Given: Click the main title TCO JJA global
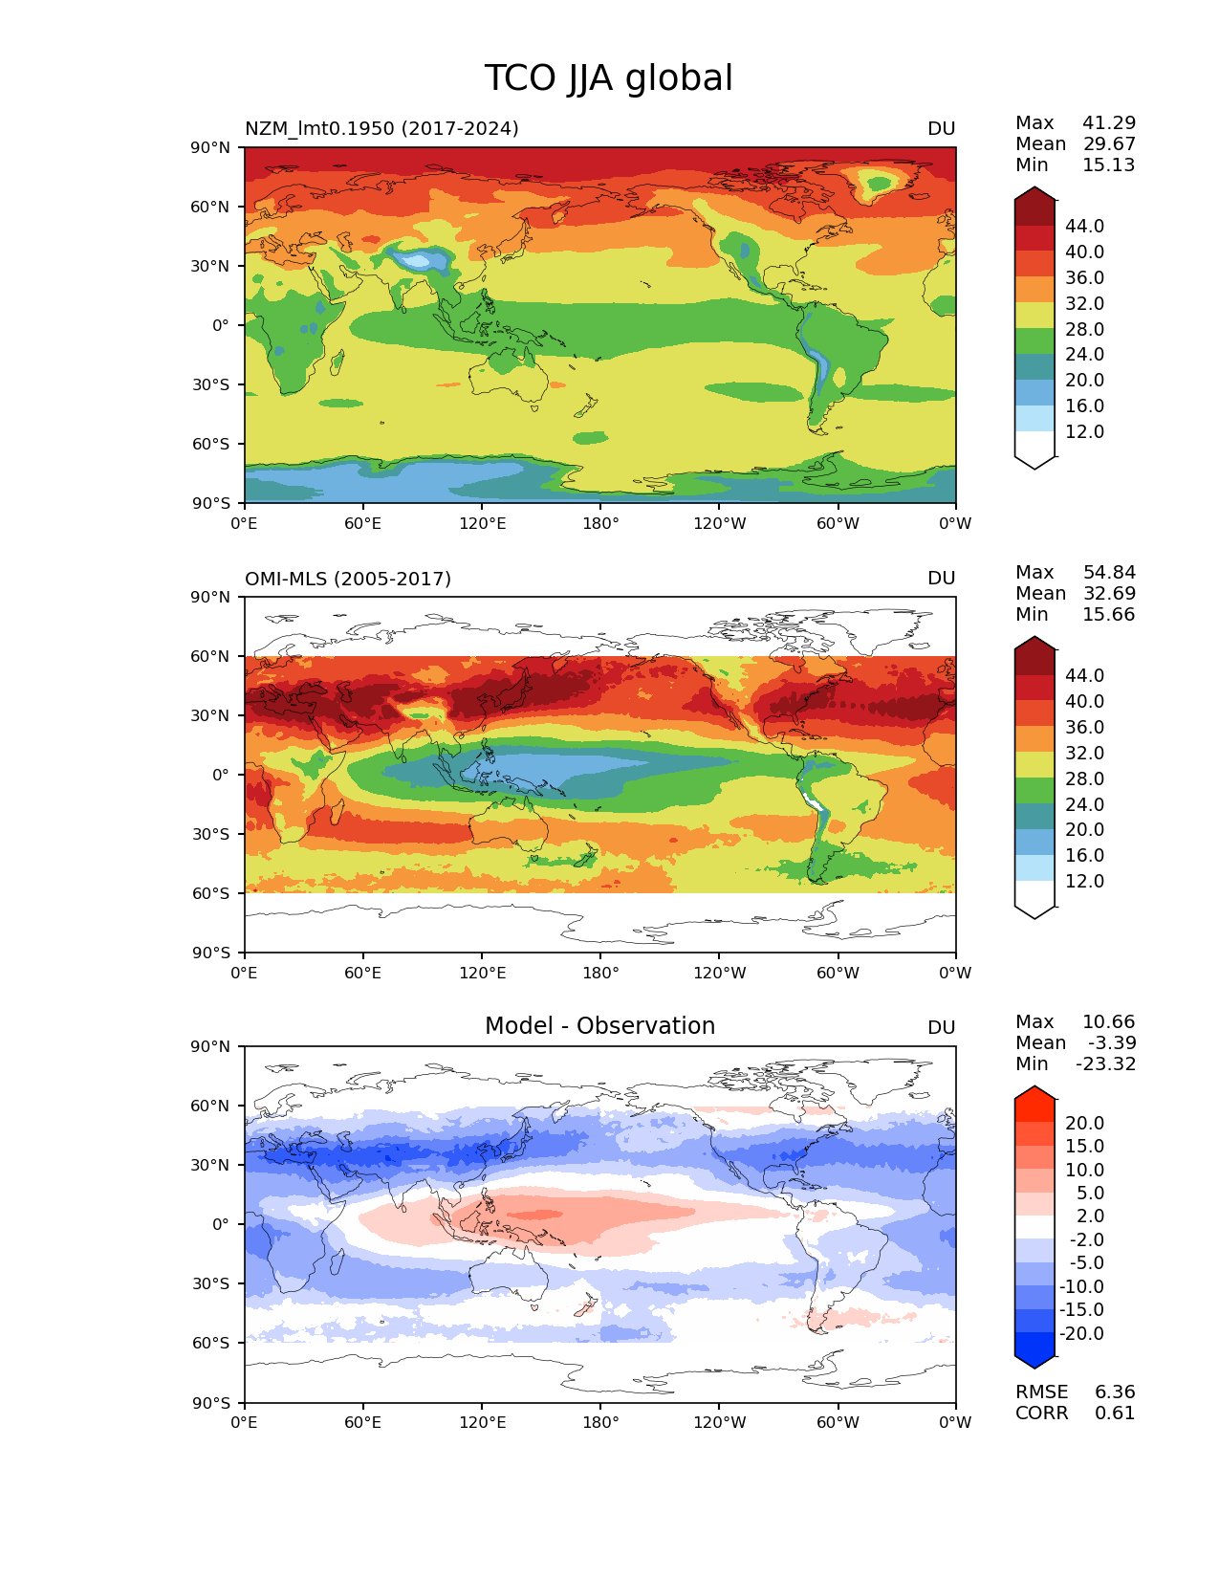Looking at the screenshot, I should click(x=608, y=78).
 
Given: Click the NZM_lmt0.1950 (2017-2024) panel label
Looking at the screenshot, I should click(x=381, y=128).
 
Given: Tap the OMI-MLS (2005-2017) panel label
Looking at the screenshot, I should click(x=348, y=579).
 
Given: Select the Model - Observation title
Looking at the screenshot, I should click(x=599, y=1026).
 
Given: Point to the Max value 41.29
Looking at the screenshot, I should click(x=1109, y=123).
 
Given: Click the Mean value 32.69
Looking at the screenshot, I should click(x=1109, y=594).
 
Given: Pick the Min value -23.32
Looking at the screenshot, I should click(x=1106, y=1064).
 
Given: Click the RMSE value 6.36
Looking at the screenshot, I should click(x=1115, y=1392).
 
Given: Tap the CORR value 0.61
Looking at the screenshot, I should click(x=1115, y=1414).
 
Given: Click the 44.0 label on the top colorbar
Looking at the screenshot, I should click(x=1084, y=227).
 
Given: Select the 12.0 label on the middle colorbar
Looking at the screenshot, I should click(x=1084, y=882).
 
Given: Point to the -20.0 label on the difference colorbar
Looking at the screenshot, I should click(x=1081, y=1334).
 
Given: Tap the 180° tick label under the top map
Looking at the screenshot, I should click(x=600, y=524).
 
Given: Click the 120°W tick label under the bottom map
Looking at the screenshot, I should click(x=720, y=1423).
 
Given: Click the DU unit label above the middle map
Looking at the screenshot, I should click(x=942, y=579).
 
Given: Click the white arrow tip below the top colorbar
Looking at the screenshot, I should click(x=1034, y=461).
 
